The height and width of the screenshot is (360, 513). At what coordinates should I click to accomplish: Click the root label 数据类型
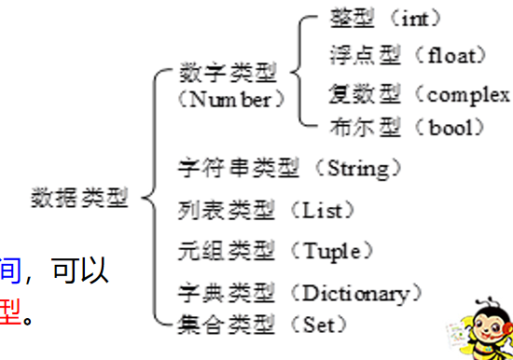pyautogui.click(x=80, y=198)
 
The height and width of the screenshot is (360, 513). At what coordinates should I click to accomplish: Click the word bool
pyautogui.click(x=451, y=128)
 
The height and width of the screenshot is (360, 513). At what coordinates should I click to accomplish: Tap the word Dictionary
pyautogui.click(x=354, y=294)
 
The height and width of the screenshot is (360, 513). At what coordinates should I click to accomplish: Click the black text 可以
pyautogui.click(x=81, y=271)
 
